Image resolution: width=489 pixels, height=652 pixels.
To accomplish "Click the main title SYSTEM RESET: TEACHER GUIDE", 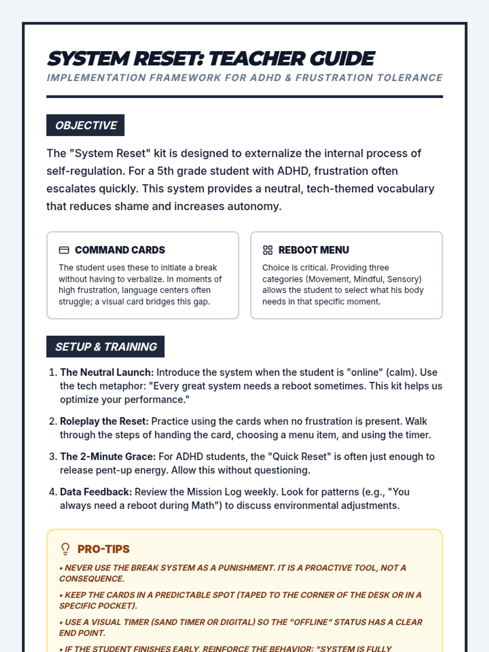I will pyautogui.click(x=211, y=59).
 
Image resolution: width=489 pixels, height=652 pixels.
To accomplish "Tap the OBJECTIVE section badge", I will pyautogui.click(x=86, y=125).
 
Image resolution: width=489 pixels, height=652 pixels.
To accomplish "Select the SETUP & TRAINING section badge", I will pyautogui.click(x=106, y=346).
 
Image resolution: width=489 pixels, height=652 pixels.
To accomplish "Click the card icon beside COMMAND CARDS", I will pyautogui.click(x=64, y=250).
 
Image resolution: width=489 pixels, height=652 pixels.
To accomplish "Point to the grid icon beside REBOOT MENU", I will pyautogui.click(x=268, y=250).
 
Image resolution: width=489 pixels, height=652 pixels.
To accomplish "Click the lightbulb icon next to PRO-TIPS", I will pyautogui.click(x=65, y=549).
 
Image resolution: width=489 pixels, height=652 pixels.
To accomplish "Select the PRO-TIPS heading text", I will pyautogui.click(x=104, y=549).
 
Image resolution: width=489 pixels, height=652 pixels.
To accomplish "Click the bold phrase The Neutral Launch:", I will pyautogui.click(x=107, y=372).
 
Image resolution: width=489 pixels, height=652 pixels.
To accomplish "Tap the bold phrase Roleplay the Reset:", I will pyautogui.click(x=104, y=421).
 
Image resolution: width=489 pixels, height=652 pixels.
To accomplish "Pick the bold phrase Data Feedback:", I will pyautogui.click(x=96, y=492).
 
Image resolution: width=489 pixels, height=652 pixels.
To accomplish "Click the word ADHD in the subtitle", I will pyautogui.click(x=266, y=78).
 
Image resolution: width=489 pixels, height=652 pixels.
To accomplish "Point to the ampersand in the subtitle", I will pyautogui.click(x=289, y=78).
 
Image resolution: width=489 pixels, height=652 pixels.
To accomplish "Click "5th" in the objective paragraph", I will pyautogui.click(x=165, y=171).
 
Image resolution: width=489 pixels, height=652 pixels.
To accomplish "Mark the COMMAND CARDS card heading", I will pyautogui.click(x=120, y=250).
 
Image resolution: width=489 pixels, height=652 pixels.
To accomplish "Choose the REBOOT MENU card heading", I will pyautogui.click(x=314, y=250).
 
